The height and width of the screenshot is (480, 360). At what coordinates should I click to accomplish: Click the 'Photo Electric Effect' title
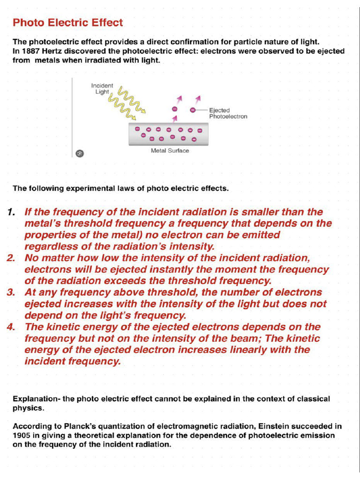pos(67,22)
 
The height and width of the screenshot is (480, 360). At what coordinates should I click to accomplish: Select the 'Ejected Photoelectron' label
pos(228,113)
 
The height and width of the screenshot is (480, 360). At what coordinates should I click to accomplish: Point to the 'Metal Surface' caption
pos(170,151)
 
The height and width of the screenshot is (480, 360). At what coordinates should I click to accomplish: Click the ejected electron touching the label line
pos(193,110)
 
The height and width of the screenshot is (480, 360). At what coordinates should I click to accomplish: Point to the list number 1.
pos(11,212)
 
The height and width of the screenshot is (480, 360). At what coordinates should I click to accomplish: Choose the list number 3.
pos(11,292)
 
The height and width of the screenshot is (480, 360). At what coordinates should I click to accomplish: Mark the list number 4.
pos(11,327)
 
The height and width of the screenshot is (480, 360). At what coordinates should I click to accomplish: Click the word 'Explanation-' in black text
pos(36,399)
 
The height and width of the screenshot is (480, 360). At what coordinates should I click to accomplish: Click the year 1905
pos(22,435)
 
